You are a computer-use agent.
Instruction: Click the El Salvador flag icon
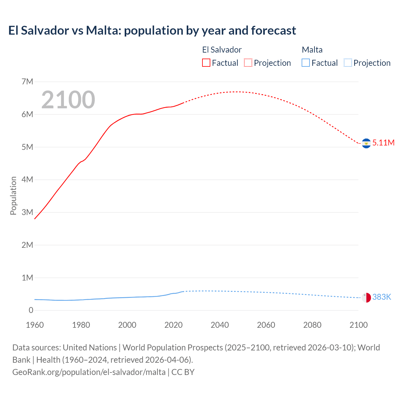click(x=366, y=143)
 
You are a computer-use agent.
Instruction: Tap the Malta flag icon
click(x=366, y=298)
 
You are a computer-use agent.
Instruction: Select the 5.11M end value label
click(x=383, y=143)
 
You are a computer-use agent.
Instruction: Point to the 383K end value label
click(x=382, y=297)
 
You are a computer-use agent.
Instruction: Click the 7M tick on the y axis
click(x=27, y=82)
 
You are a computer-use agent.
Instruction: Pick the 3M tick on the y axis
click(x=27, y=213)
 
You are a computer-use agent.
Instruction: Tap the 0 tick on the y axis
click(x=31, y=310)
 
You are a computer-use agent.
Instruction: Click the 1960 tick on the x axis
click(x=35, y=325)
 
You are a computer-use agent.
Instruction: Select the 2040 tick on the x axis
click(x=220, y=325)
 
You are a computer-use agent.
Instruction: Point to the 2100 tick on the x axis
click(x=358, y=325)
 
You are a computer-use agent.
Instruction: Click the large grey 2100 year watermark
click(x=68, y=100)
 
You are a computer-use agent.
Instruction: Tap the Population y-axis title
click(x=13, y=196)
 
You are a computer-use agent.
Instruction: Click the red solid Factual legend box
click(x=206, y=63)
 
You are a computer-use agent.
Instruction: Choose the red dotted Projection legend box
click(x=248, y=63)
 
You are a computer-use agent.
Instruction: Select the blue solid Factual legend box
click(x=306, y=63)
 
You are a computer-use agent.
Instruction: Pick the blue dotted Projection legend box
click(x=348, y=63)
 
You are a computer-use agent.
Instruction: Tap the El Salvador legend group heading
click(x=222, y=50)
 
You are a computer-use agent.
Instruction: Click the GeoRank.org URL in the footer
click(x=89, y=372)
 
